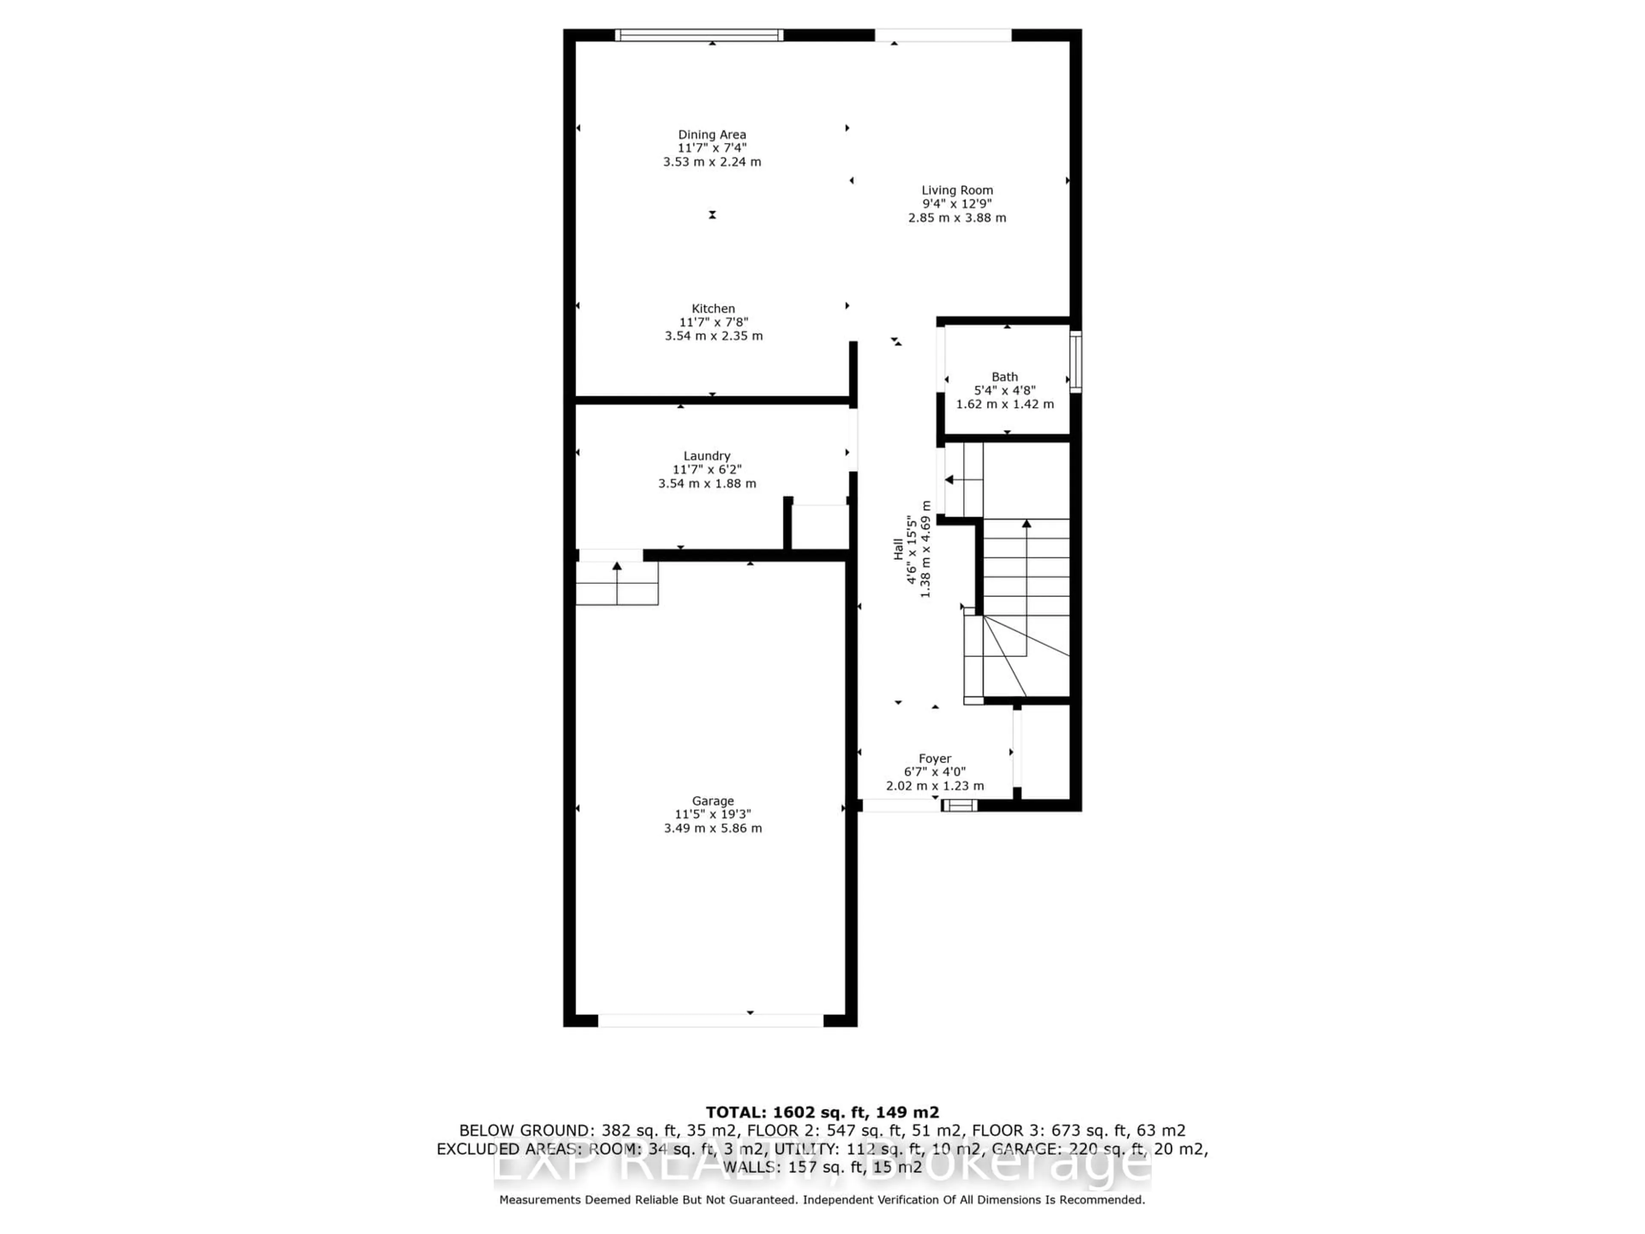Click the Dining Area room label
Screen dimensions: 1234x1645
tap(712, 135)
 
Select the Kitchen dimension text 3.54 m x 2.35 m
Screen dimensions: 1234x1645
tap(713, 335)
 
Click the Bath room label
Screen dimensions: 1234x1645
tap(1004, 377)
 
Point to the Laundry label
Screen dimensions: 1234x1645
tap(706, 456)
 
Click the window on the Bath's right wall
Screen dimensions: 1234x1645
tap(1075, 361)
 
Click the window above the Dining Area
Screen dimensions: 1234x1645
tap(699, 35)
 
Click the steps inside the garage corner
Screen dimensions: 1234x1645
tap(616, 584)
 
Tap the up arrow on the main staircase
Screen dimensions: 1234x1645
tap(1026, 524)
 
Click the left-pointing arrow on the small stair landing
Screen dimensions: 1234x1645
tap(950, 480)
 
